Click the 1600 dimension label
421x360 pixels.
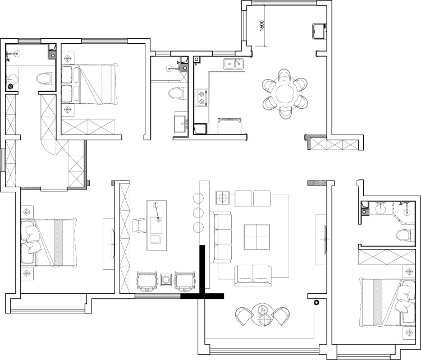pyautogui.click(x=262, y=26)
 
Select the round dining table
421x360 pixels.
pyautogui.click(x=285, y=94)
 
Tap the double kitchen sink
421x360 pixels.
pyautogui.click(x=234, y=64)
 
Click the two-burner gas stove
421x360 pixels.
pyautogui.click(x=202, y=98)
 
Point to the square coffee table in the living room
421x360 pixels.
pyautogui.click(x=257, y=237)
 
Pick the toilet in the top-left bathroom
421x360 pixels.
pyautogui.click(x=44, y=79)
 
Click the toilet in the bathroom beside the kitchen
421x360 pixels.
pyautogui.click(x=176, y=93)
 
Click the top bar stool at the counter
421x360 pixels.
pyautogui.click(x=198, y=199)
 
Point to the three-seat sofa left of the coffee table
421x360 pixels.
pyautogui.click(x=221, y=237)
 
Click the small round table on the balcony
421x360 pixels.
pyautogui.click(x=262, y=315)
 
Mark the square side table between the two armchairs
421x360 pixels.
pyautogui.click(x=166, y=280)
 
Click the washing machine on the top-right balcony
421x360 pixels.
pyautogui.click(x=319, y=31)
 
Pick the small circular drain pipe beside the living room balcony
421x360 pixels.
pyautogui.click(x=317, y=303)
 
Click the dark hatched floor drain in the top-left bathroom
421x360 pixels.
pyautogui.click(x=11, y=86)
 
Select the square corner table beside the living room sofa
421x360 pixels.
pyautogui.click(x=223, y=198)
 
